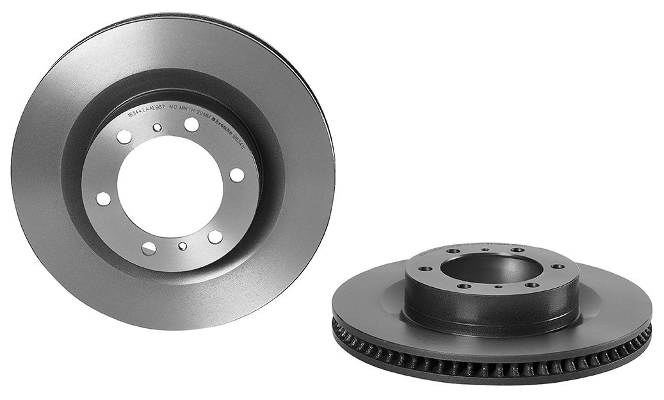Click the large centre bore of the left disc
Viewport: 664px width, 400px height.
(170, 187)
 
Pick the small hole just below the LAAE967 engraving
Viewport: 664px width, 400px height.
(157, 128)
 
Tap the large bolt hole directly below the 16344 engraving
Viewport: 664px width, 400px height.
(124, 137)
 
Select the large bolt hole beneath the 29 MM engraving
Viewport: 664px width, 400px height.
(191, 124)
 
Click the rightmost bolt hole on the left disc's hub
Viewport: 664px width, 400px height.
(237, 174)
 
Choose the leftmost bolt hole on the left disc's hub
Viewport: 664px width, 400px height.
(103, 199)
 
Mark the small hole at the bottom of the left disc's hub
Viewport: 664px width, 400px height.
(182, 246)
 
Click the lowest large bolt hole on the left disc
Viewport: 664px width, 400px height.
(149, 249)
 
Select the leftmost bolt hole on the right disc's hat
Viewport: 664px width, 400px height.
(425, 269)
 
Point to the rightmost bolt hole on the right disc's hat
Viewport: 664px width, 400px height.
(558, 266)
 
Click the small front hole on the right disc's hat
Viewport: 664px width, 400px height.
(498, 287)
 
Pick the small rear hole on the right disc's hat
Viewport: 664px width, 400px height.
(485, 249)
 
